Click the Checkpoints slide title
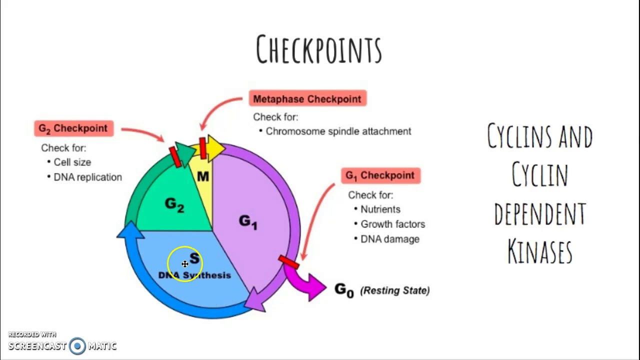pos(319,49)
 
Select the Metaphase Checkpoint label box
pos(307,99)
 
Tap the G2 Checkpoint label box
pos(73,128)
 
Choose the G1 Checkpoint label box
pos(380,175)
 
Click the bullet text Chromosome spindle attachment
pos(338,131)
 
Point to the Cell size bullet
pos(72,162)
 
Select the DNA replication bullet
pos(87,177)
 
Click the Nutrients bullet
pos(380,209)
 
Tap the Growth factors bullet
pos(392,224)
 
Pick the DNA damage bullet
pos(389,239)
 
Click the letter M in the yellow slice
pos(203,176)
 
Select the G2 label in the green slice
pos(174,204)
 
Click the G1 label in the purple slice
pos(248,221)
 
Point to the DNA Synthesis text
pos(195,275)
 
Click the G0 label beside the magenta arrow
pos(344,290)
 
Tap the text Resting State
pos(395,290)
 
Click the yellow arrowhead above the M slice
pos(216,146)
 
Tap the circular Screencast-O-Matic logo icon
pos(77,346)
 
